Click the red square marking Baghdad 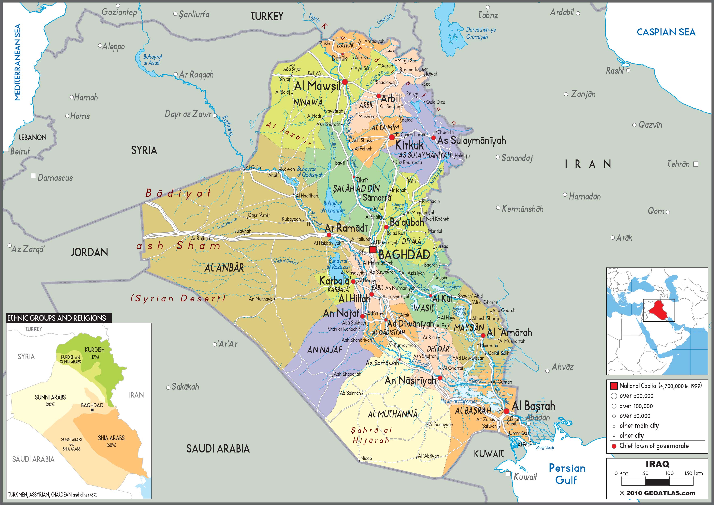pos(373,249)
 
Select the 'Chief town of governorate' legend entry pos(654,446)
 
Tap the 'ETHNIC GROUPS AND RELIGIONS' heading pos(57,318)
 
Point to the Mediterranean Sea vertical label pos(18,62)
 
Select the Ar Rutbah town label pos(200,238)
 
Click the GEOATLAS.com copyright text pos(657,493)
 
